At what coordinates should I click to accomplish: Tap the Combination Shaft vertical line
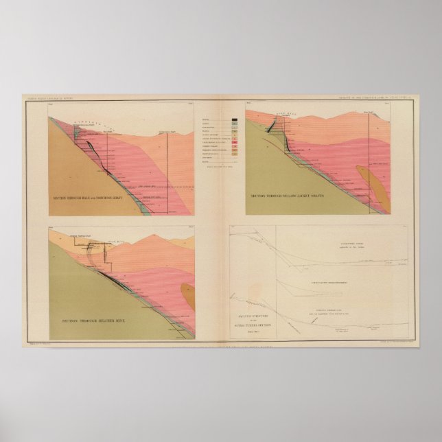click(x=168, y=165)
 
